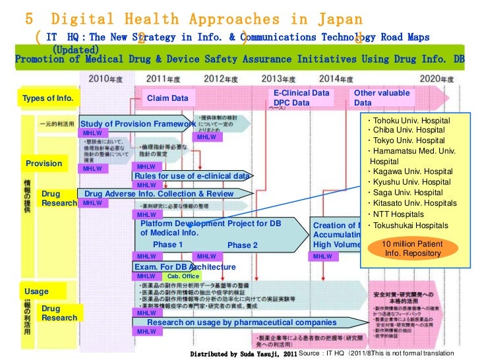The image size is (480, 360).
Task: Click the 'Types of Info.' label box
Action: pos(48,99)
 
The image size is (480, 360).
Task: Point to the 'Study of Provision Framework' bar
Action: pos(137,124)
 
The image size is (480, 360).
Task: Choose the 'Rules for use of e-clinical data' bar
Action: pos(192,176)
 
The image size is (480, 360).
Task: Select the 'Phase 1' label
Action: pos(168,245)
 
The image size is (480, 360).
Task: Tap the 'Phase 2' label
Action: pos(242,245)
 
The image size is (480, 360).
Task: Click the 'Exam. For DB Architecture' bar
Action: pos(184,267)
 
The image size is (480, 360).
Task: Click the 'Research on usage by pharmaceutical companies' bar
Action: pos(241,322)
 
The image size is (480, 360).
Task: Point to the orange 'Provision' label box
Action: pos(44,164)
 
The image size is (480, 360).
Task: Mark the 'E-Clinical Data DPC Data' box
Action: pos(301,98)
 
